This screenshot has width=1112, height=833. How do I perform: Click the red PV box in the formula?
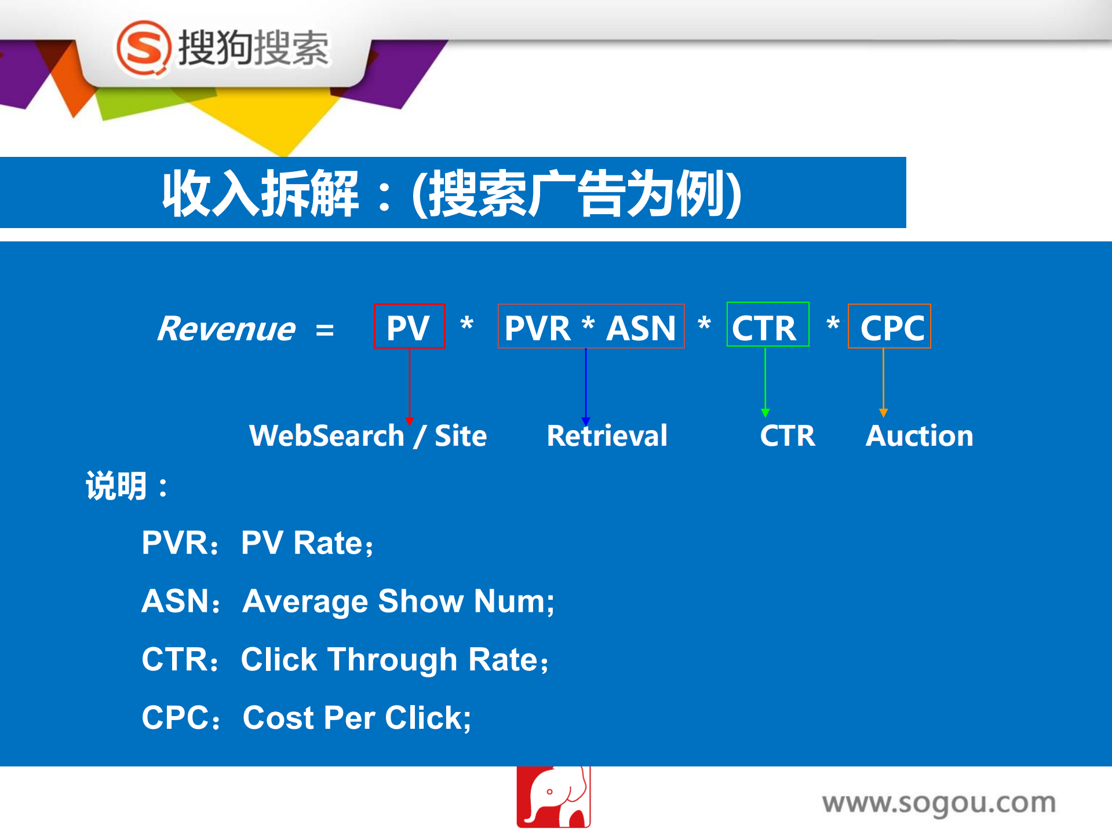pyautogui.click(x=409, y=326)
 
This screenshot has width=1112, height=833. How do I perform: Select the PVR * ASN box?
pyautogui.click(x=590, y=326)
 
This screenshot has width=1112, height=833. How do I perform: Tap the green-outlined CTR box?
pyautogui.click(x=767, y=325)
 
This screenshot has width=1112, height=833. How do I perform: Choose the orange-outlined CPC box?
pyautogui.click(x=889, y=326)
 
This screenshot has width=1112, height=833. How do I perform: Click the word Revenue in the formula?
pyautogui.click(x=227, y=329)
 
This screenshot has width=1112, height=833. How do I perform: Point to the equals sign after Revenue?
pyautogui.click(x=325, y=331)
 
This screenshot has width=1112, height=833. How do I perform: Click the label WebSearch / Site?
pyautogui.click(x=368, y=435)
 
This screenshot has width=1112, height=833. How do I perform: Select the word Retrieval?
pyautogui.click(x=607, y=435)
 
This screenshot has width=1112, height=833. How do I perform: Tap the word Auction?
pyautogui.click(x=919, y=435)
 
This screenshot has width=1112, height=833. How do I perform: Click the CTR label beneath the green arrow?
pyautogui.click(x=787, y=435)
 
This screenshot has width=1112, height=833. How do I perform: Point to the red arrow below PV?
pyautogui.click(x=409, y=385)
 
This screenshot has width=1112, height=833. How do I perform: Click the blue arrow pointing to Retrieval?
pyautogui.click(x=586, y=385)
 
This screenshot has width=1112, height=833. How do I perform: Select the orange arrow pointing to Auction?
pyautogui.click(x=883, y=382)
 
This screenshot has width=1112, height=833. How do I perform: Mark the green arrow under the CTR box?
pyautogui.click(x=765, y=382)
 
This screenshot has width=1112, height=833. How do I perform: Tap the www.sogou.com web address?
pyautogui.click(x=939, y=803)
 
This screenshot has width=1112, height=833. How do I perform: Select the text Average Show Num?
pyautogui.click(x=397, y=601)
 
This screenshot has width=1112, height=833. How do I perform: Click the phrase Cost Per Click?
pyautogui.click(x=356, y=718)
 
